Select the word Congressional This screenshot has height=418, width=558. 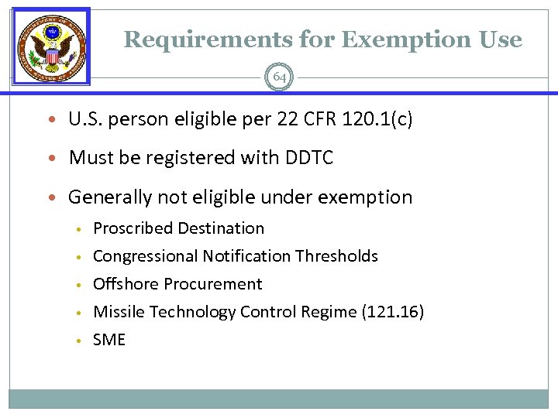point(145,256)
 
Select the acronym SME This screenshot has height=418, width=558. point(109,340)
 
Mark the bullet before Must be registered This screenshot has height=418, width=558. point(53,159)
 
